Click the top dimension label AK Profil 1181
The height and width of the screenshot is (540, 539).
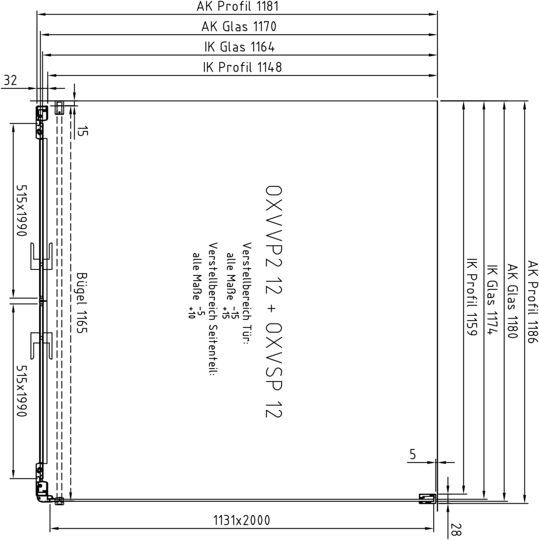click(x=237, y=6)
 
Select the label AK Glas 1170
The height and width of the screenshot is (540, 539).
click(x=238, y=26)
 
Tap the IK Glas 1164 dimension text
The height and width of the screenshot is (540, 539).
click(x=239, y=47)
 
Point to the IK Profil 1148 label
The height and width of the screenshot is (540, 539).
click(x=242, y=67)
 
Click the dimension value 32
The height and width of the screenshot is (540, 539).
click(x=10, y=80)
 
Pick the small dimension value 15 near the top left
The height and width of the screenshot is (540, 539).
click(x=81, y=131)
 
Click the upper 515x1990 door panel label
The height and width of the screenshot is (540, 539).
click(x=21, y=211)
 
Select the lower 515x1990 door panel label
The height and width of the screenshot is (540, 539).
click(x=21, y=391)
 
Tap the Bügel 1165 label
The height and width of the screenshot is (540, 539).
click(x=81, y=303)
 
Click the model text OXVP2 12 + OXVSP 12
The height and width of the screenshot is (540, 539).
click(x=273, y=301)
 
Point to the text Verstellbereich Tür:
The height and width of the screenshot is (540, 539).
click(x=247, y=293)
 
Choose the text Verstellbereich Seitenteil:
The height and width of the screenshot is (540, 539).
click(x=213, y=309)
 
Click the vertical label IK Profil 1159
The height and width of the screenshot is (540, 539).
click(x=471, y=297)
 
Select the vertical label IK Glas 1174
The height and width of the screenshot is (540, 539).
click(x=492, y=299)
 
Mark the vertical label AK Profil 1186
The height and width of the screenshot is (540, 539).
click(x=532, y=301)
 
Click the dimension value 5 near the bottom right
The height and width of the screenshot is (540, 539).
click(x=412, y=454)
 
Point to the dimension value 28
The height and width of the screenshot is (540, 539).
click(x=455, y=529)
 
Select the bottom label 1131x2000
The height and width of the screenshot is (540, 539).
click(x=242, y=520)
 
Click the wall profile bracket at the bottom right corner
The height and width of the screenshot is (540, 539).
click(x=427, y=498)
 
